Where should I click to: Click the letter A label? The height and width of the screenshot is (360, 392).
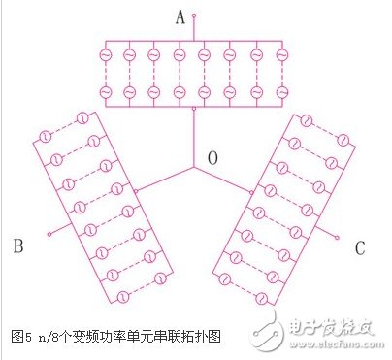(180, 16)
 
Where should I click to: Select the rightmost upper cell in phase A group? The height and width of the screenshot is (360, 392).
(281, 55)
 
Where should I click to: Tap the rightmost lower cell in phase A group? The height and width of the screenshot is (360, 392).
(281, 92)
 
